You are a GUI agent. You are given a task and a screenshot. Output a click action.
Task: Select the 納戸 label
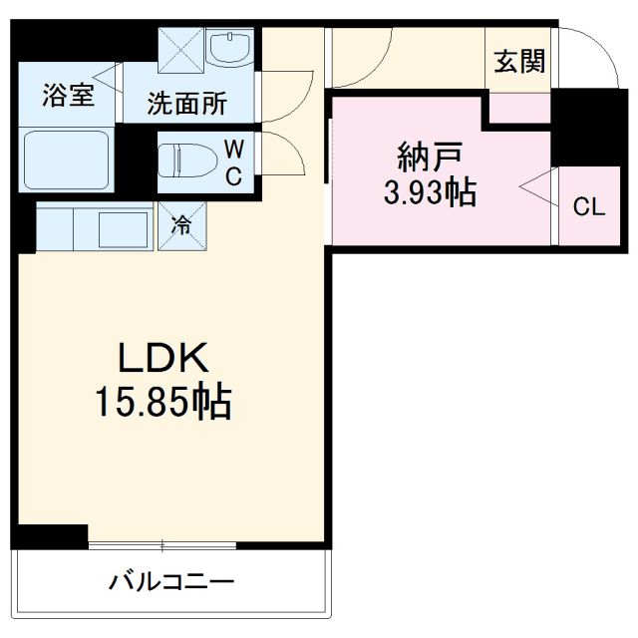click(430, 156)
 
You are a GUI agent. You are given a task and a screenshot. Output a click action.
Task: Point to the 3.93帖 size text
click(430, 192)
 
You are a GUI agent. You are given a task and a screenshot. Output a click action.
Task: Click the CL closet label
click(587, 207)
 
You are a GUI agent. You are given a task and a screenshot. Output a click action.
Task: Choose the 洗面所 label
click(186, 104)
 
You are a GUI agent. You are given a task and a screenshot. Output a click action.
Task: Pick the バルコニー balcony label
click(171, 581)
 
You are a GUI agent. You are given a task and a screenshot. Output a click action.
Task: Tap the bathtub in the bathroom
click(65, 159)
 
